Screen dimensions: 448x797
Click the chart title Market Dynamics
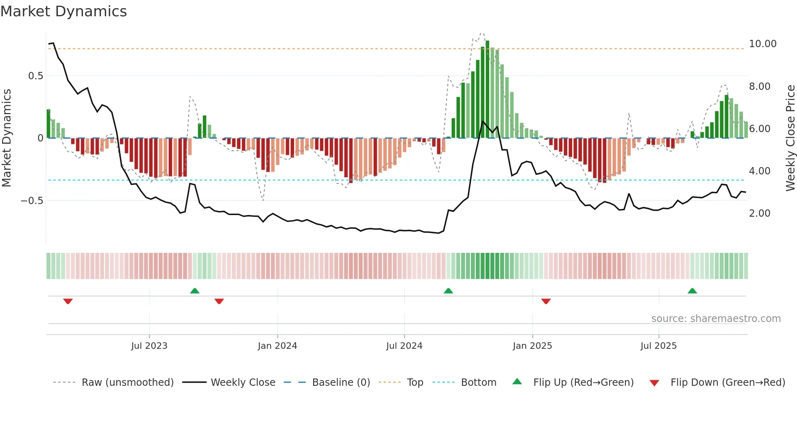tap(63, 11)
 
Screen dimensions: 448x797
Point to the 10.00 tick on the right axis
tap(762, 44)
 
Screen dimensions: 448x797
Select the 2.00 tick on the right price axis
tap(759, 213)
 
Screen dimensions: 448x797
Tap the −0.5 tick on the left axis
tap(32, 201)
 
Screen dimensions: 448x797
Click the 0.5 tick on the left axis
tap(35, 76)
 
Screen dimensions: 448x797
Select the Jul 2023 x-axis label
tap(149, 346)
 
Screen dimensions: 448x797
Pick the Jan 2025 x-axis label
tap(532, 346)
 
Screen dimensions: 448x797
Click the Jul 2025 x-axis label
tap(658, 346)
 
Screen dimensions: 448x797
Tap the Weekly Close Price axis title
tap(790, 138)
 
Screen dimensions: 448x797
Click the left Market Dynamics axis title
tap(7, 138)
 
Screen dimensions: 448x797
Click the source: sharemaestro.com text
tap(716, 319)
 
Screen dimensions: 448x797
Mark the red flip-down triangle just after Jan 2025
tap(546, 301)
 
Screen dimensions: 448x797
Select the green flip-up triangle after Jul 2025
tap(692, 291)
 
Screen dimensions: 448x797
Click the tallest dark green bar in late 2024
tap(487, 89)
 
